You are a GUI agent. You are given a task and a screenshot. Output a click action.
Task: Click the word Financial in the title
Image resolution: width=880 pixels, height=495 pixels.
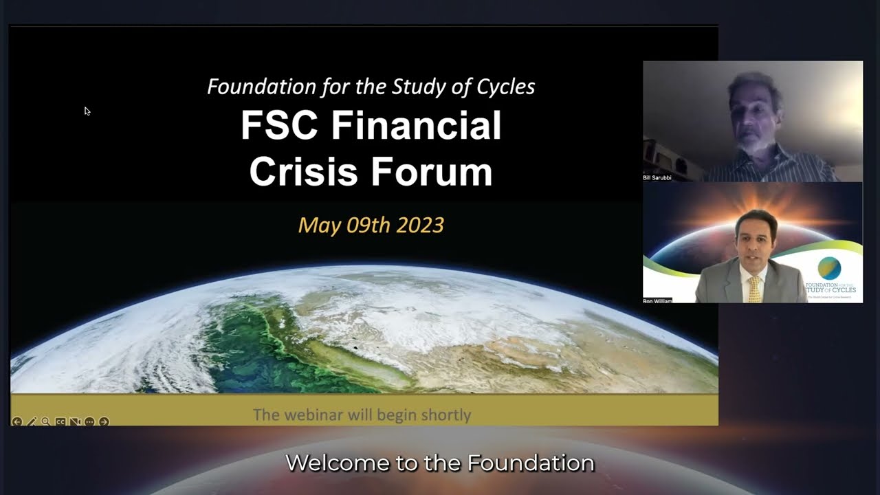pos(416,126)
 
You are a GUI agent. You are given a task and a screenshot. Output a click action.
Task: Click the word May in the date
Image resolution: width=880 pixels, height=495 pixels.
pos(316,225)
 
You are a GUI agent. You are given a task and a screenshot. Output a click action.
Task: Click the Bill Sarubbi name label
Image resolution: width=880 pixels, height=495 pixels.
pos(657,177)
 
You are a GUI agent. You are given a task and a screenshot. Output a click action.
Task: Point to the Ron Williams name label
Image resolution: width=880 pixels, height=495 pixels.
pos(657,300)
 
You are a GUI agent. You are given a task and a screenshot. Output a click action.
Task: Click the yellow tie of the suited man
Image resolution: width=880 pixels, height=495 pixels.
pos(754,289)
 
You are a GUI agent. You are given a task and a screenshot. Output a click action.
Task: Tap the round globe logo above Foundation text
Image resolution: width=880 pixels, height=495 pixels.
pos(829,267)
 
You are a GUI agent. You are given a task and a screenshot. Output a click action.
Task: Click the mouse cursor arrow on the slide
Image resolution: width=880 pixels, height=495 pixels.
pos(87,111)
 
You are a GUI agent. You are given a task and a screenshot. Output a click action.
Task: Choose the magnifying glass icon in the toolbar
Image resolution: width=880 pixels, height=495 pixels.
pos(45,421)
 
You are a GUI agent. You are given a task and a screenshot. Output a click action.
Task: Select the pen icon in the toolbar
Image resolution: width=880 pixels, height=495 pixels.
pos(32,421)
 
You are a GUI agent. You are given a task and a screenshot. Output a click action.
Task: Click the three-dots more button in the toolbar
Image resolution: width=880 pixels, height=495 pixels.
pos(89,421)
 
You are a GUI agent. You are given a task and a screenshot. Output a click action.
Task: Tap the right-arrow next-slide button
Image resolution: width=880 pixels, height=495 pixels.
pos(104,421)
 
